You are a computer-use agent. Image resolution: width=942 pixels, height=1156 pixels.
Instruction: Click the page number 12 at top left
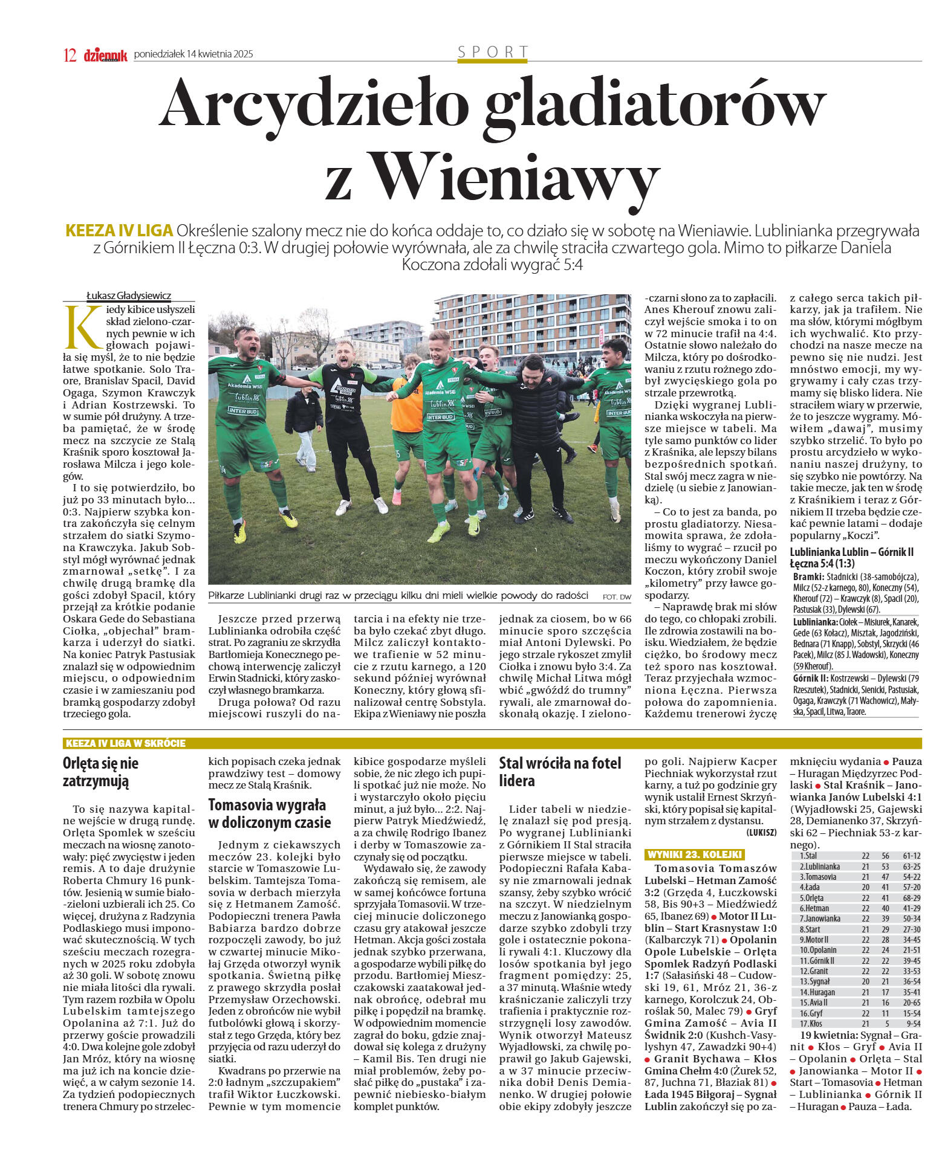click(x=70, y=55)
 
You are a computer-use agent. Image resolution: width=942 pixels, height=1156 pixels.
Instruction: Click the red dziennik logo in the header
click(x=105, y=55)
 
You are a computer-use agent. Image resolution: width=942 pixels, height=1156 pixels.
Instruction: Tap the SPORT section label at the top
click(x=493, y=52)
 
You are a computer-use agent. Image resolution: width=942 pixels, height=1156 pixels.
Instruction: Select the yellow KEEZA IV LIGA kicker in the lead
click(x=119, y=231)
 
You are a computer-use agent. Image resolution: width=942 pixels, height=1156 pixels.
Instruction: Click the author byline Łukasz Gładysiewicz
click(x=129, y=295)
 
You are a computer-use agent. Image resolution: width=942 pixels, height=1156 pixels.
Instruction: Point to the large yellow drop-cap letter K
click(x=83, y=327)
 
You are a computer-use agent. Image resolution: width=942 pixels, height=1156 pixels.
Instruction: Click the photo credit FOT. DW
click(x=616, y=596)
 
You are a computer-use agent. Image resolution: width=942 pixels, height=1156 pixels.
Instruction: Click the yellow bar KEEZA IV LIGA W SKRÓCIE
click(x=125, y=743)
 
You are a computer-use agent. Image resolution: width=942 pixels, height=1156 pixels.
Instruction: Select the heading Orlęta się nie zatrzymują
click(x=100, y=772)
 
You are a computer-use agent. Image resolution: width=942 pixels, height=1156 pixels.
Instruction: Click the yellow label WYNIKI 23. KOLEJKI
click(x=694, y=854)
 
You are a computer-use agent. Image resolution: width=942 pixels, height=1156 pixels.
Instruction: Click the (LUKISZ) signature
click(x=761, y=832)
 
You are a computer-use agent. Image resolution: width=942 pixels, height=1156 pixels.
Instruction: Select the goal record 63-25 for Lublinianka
click(x=911, y=866)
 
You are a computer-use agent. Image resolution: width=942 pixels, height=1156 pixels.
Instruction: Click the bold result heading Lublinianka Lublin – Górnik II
click(x=851, y=552)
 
